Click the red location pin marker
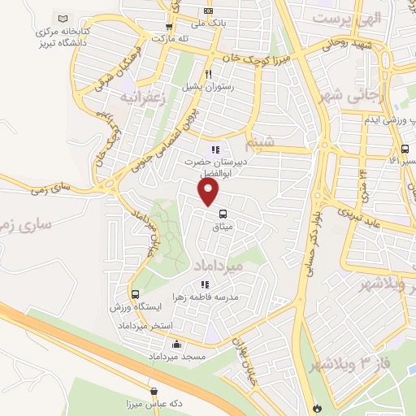[x=209, y=192]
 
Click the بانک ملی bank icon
[x=209, y=11]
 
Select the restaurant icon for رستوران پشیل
[x=187, y=74]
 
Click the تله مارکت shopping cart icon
[x=170, y=25]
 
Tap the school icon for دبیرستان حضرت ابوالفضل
[x=215, y=149]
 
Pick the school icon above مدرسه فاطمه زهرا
[x=205, y=284]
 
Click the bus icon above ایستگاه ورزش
[x=135, y=294]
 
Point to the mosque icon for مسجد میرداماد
[x=176, y=344]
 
